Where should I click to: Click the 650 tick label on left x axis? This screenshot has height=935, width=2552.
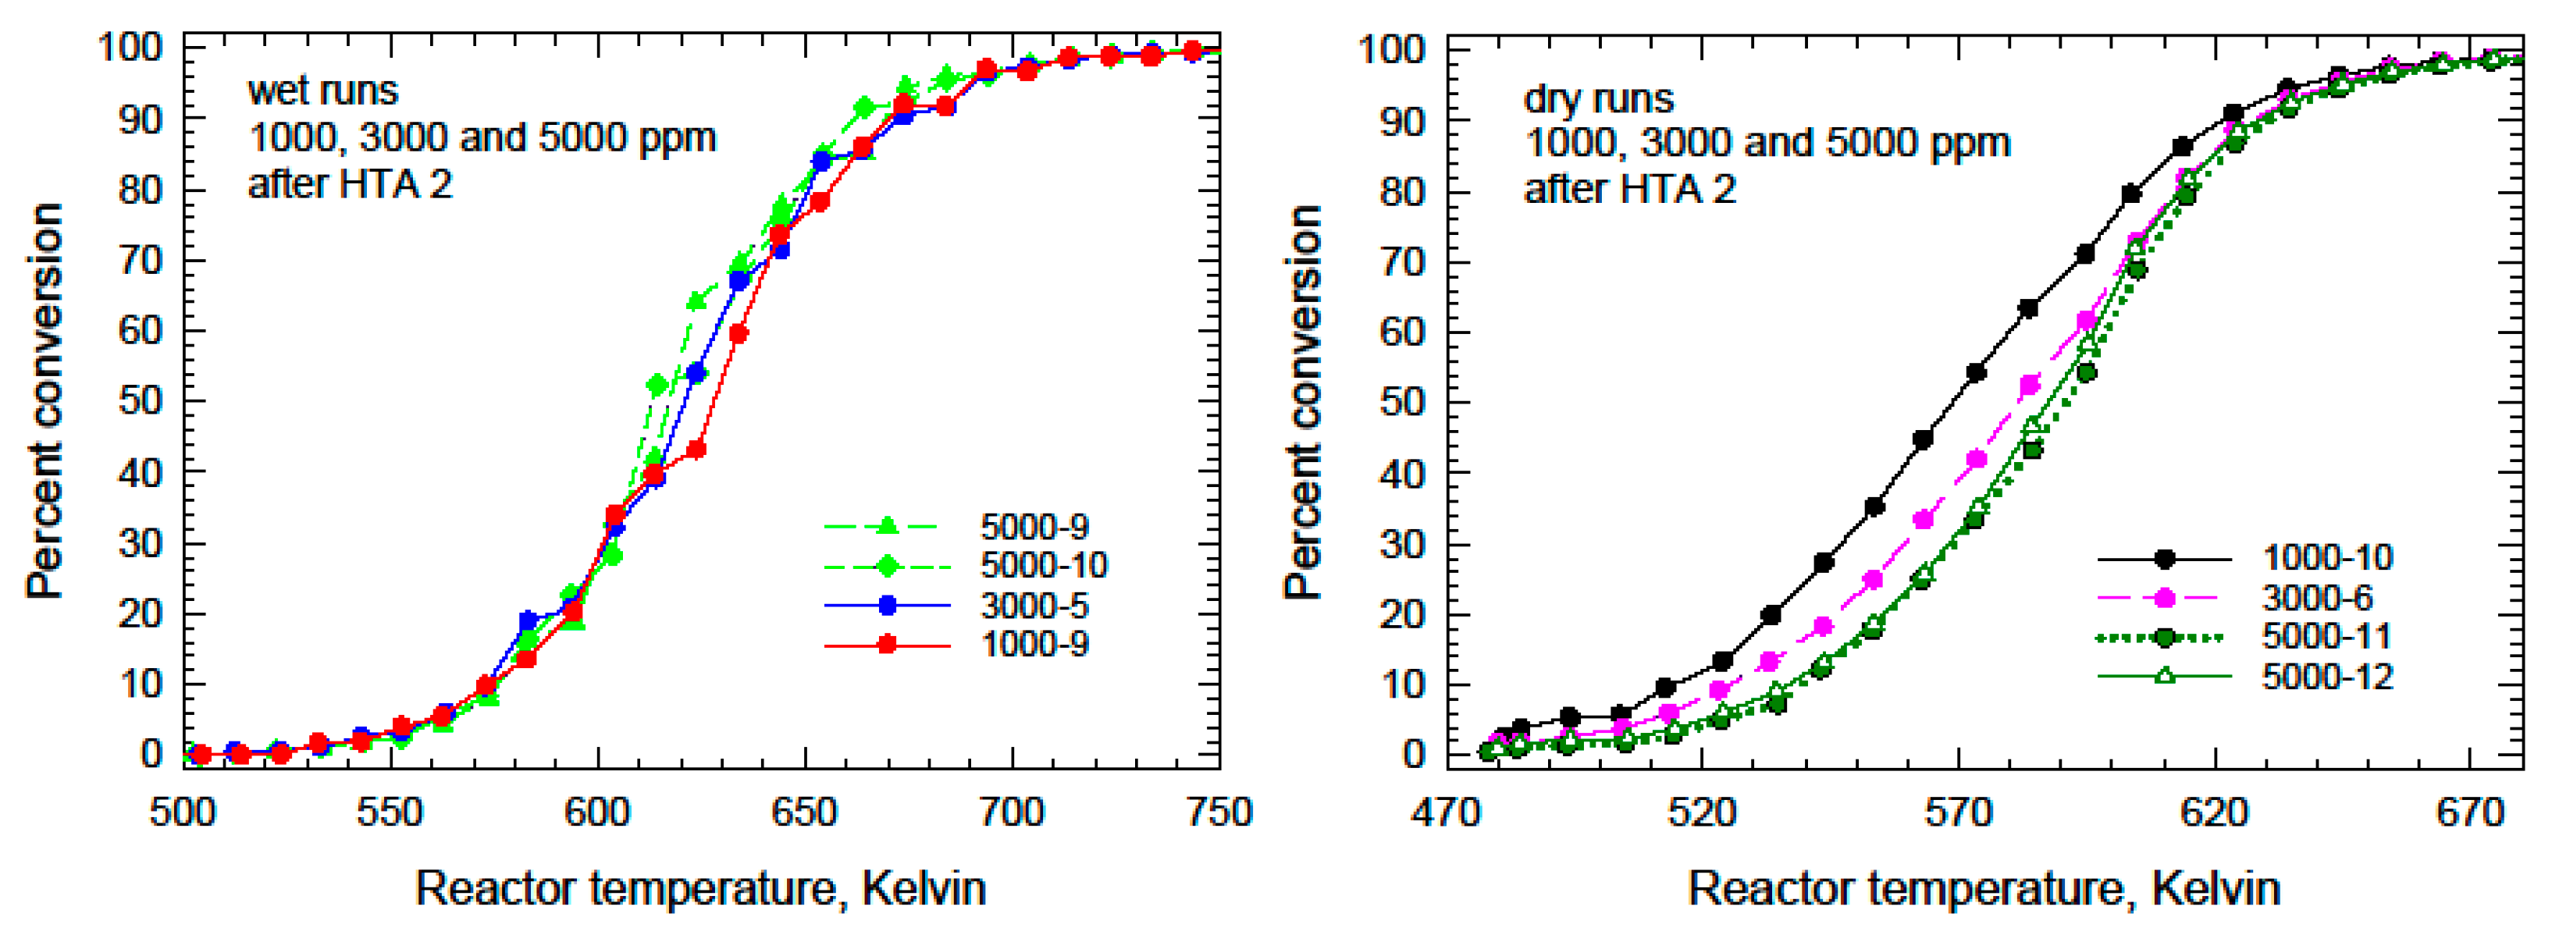(x=804, y=812)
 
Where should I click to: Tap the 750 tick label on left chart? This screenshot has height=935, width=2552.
(x=1219, y=812)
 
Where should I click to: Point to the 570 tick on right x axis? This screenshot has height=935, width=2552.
(x=1958, y=812)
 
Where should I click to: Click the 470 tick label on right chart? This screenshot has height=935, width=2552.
(x=1447, y=812)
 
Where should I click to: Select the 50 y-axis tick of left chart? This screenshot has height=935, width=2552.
(x=140, y=401)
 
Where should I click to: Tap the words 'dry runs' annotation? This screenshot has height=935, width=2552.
(x=1598, y=98)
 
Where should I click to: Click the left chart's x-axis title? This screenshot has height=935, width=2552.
(x=700, y=887)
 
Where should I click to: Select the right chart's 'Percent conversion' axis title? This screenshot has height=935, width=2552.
(x=1303, y=401)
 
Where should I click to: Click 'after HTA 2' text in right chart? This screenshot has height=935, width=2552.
(x=1630, y=188)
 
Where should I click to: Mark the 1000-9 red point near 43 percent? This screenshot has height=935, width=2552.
(x=696, y=450)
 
